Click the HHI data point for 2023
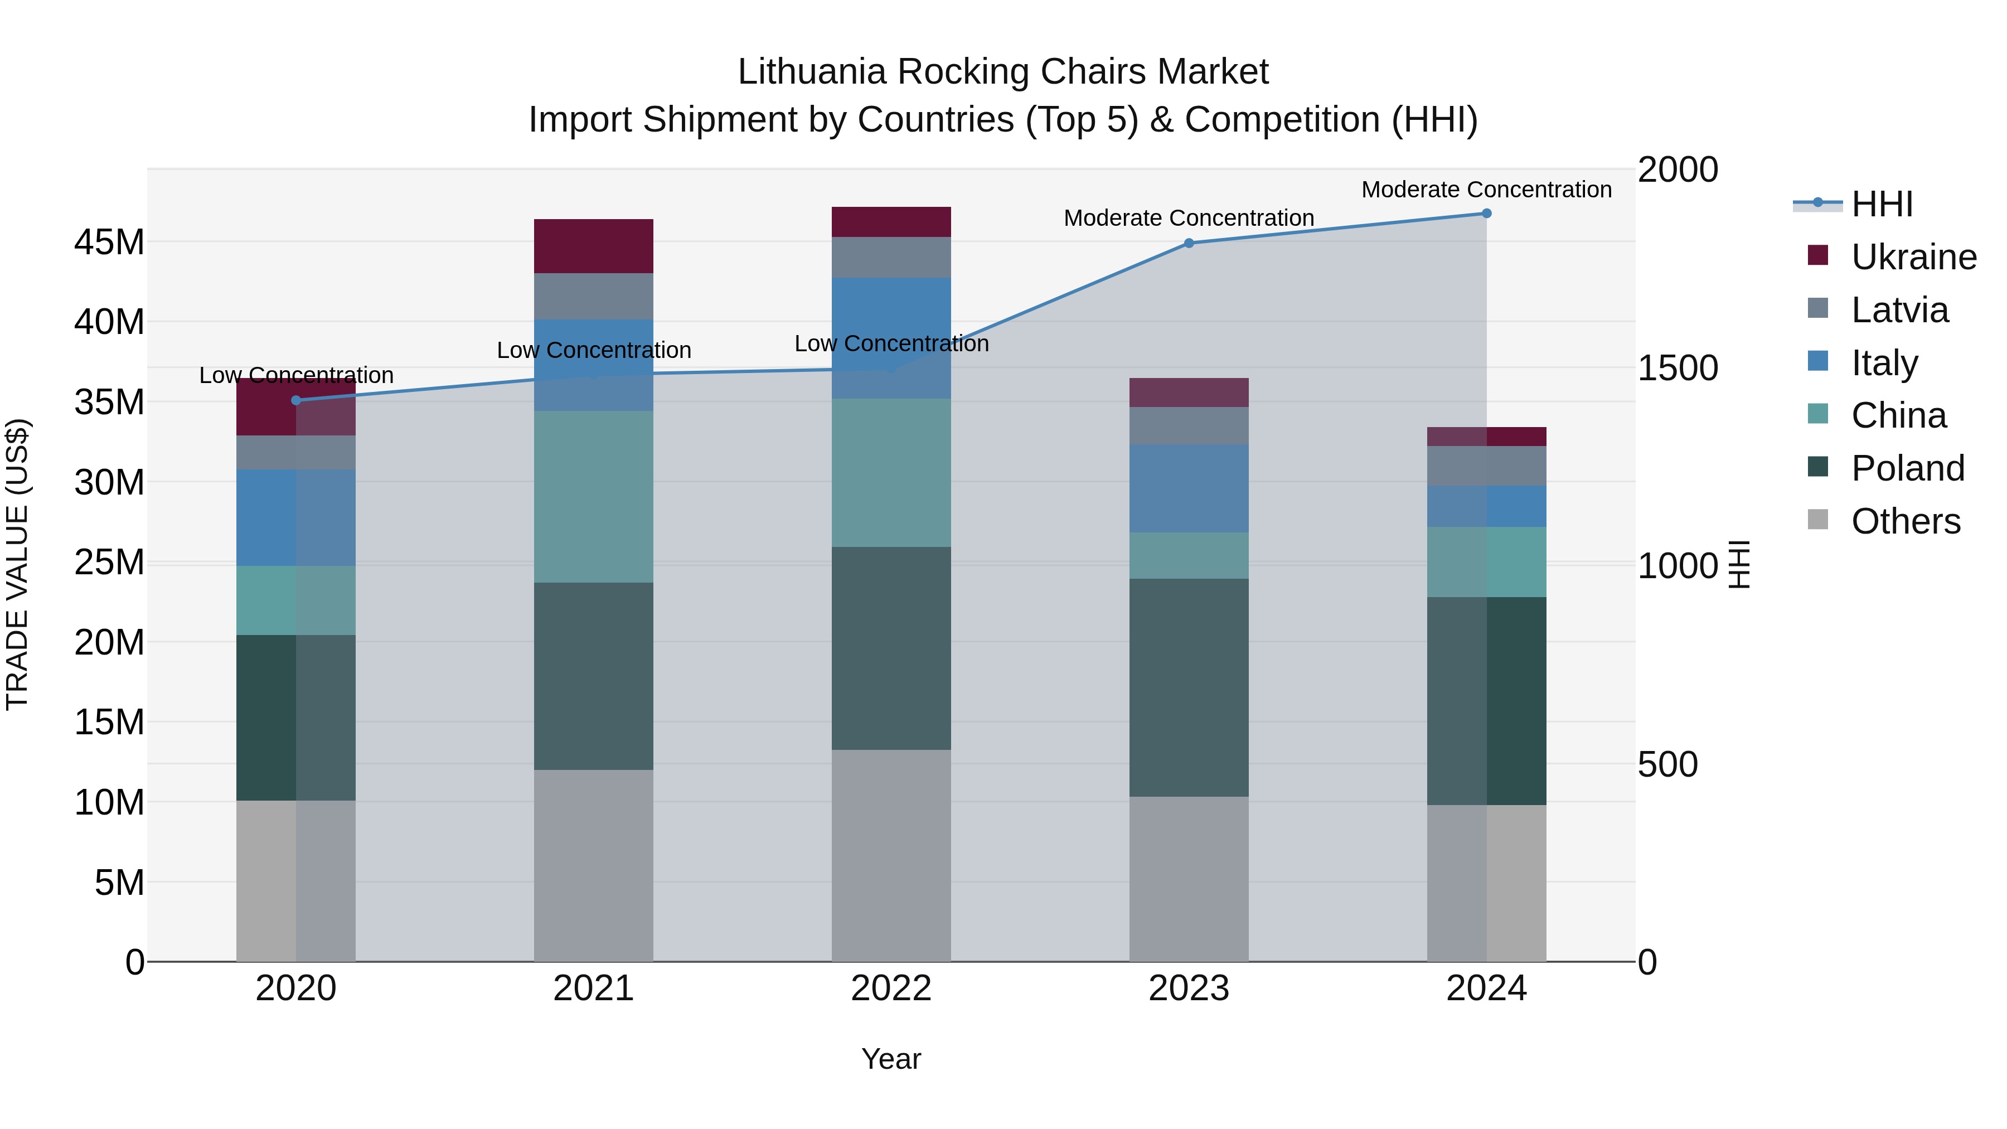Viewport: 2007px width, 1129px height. click(1189, 243)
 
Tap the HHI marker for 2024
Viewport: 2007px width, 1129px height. click(1486, 214)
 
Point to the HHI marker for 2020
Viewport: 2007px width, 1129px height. click(296, 400)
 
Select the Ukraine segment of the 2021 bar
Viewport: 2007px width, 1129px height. click(594, 246)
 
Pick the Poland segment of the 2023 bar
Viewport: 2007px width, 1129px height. click(1189, 687)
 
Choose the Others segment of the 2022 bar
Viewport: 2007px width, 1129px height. click(891, 855)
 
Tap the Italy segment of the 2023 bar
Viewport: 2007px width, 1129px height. click(1189, 488)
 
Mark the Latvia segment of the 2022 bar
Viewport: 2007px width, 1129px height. click(891, 257)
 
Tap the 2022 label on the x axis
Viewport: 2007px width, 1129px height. click(891, 989)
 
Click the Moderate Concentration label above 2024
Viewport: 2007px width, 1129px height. click(1486, 190)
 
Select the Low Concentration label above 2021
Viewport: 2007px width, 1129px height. click(594, 351)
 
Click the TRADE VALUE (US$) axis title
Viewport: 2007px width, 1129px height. click(17, 565)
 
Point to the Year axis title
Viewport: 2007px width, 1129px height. click(891, 1059)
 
